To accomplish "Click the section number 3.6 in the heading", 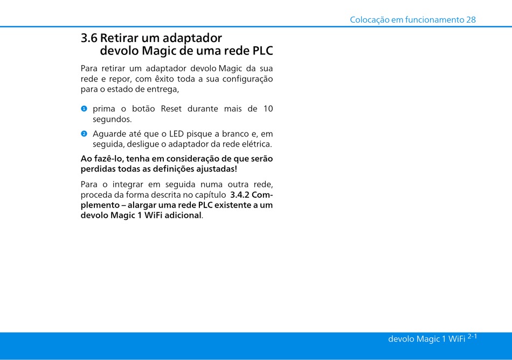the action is point(89,38).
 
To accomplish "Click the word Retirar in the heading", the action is point(120,38).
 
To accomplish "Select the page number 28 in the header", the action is point(471,20).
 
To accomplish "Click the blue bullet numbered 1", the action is point(84,109).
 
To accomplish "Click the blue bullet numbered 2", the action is point(84,134).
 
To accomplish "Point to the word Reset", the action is point(171,109).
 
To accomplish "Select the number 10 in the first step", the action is point(268,109).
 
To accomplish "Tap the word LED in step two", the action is point(176,134).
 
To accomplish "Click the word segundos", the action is point(112,120).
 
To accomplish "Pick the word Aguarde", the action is point(107,134).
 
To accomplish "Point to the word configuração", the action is point(247,79).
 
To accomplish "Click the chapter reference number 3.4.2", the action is point(240,195).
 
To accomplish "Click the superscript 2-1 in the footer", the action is point(472,336).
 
